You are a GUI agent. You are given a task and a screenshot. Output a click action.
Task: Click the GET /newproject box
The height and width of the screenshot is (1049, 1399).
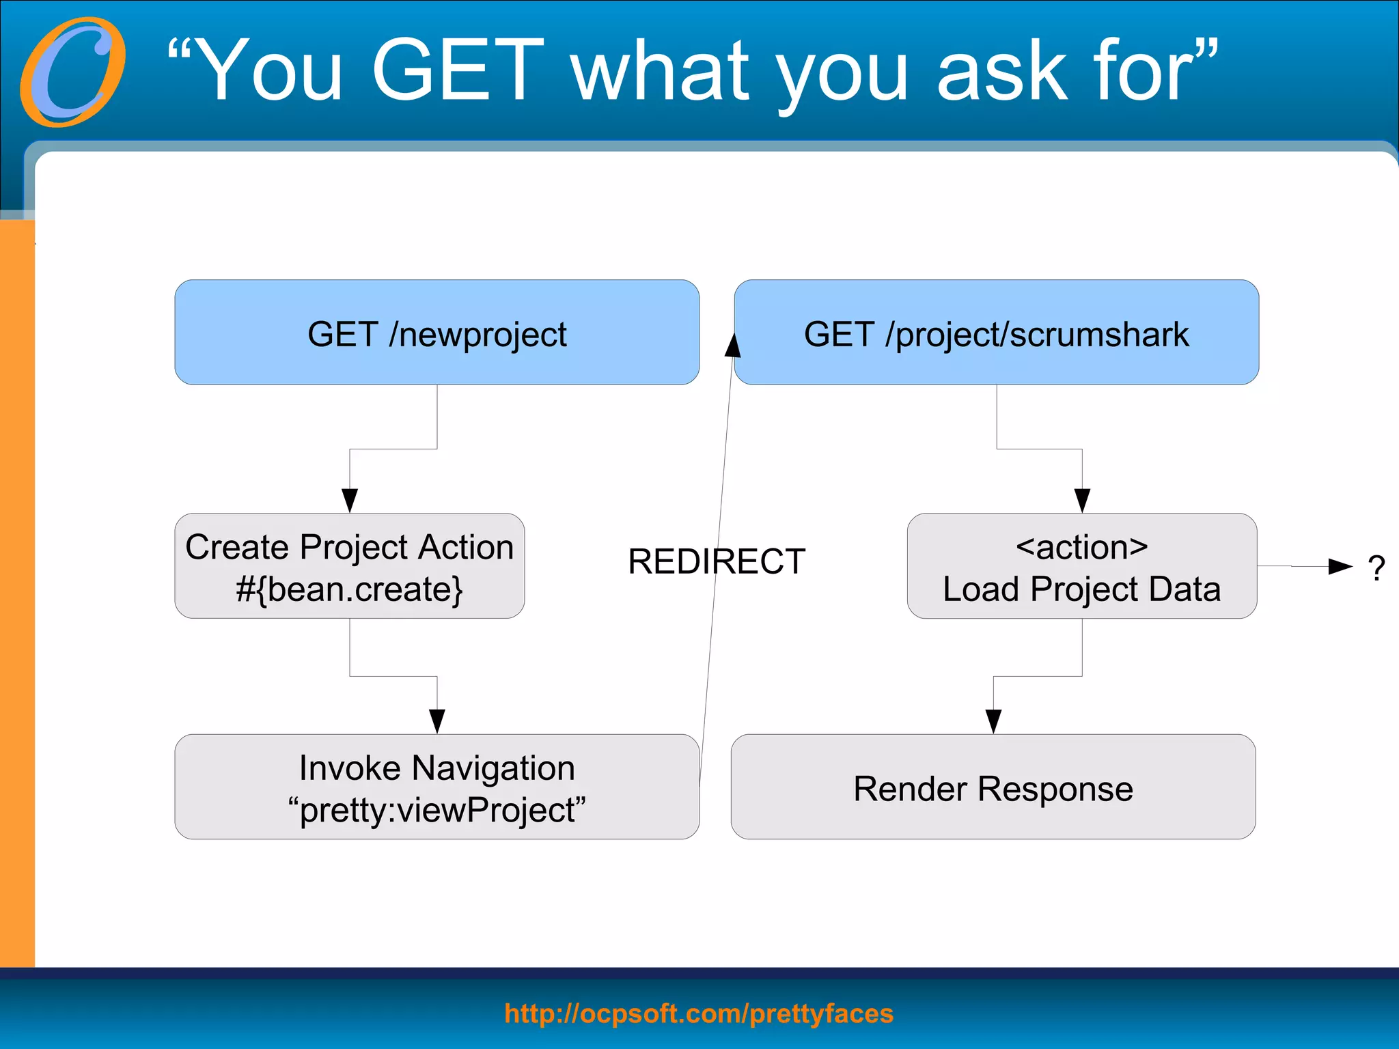tap(437, 333)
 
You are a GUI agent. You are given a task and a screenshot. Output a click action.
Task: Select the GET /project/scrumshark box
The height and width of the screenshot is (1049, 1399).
tap(996, 333)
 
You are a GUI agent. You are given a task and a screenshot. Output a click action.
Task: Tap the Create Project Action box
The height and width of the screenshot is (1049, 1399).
tap(349, 566)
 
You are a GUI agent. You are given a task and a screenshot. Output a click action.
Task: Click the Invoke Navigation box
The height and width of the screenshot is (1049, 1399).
tap(437, 787)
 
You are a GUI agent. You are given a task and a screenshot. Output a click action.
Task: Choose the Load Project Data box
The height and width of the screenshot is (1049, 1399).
tap(1081, 566)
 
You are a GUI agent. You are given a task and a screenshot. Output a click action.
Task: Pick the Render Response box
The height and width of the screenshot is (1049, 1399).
tap(993, 787)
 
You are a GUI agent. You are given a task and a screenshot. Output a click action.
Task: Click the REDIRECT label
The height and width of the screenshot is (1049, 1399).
tap(716, 561)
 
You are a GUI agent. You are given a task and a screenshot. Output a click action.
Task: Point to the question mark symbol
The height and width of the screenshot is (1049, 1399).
tap(1376, 568)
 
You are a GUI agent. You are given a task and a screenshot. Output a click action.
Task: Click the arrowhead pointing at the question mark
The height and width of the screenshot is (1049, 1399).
tap(1340, 566)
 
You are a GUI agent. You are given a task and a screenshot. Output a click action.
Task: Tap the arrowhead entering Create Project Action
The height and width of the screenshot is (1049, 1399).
tap(350, 501)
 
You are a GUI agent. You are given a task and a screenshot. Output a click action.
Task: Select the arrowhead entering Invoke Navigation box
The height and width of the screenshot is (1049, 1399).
tap(437, 721)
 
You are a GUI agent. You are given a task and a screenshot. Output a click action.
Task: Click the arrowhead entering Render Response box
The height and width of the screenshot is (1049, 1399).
tap(993, 721)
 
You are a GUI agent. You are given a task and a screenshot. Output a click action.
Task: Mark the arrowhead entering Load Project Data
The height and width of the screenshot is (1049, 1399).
tap(1082, 501)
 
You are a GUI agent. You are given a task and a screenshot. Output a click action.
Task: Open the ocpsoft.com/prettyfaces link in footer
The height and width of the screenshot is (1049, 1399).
tap(698, 1013)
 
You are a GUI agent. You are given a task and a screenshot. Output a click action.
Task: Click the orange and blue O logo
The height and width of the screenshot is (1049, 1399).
tap(72, 72)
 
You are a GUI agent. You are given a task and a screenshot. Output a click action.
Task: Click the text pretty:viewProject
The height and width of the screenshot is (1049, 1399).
tap(437, 810)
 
